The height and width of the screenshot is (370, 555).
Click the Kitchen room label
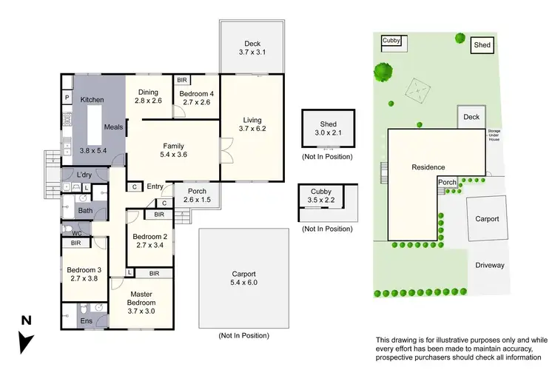click(x=92, y=99)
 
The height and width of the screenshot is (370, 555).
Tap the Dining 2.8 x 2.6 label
click(x=148, y=95)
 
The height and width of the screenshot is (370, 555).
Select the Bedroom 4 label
click(x=195, y=98)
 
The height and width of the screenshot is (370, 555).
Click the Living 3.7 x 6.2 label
click(x=252, y=123)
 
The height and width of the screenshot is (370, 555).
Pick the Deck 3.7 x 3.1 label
click(x=252, y=47)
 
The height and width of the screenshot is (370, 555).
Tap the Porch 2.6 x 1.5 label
click(x=197, y=195)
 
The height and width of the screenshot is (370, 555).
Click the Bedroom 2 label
click(x=150, y=242)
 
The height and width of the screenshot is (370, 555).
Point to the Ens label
click(x=86, y=321)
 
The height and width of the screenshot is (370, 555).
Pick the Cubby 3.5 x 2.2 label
click(x=321, y=195)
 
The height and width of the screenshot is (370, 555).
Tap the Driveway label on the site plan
click(x=489, y=264)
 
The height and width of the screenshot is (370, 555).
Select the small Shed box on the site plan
click(x=482, y=44)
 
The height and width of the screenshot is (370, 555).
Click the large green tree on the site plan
click(x=383, y=72)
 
